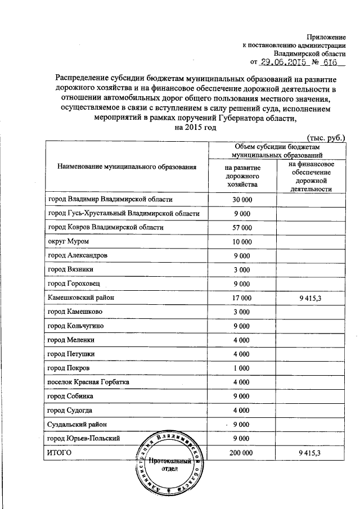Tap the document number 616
330,62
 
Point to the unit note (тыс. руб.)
328,137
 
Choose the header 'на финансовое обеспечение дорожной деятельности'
309,176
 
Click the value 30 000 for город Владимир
242,199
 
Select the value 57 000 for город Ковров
242,227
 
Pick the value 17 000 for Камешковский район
242,298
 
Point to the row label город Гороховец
75,283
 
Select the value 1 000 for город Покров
242,368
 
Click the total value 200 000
242,452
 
